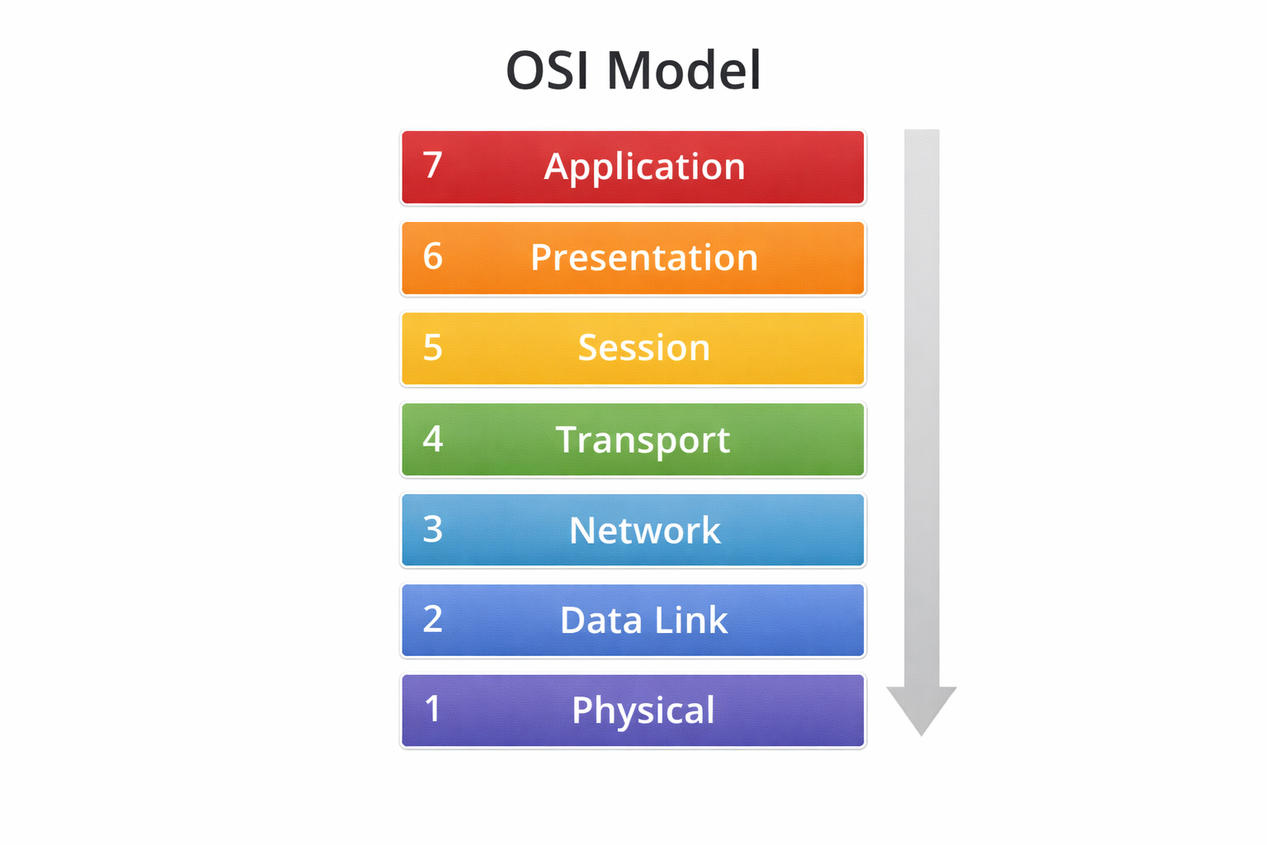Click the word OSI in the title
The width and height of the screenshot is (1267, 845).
[x=547, y=70]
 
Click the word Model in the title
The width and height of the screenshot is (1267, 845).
[x=684, y=70]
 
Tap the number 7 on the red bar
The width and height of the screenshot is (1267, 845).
[x=433, y=165]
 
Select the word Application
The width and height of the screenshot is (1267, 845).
[x=644, y=168]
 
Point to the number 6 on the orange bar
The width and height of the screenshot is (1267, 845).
[x=433, y=257]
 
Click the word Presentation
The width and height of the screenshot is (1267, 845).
[x=644, y=257]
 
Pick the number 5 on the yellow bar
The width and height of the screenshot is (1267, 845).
[x=433, y=347]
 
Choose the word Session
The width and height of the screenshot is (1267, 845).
[x=644, y=347]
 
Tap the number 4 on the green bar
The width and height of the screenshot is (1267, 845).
[x=433, y=438]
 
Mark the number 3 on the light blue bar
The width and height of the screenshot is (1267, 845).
[x=433, y=529]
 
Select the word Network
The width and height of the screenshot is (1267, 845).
[x=645, y=530]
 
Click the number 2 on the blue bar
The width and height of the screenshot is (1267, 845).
[x=433, y=619]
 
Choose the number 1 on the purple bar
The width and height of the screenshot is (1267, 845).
[x=433, y=709]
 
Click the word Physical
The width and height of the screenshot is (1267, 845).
[x=643, y=710]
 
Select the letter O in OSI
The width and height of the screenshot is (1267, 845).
[x=525, y=70]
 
